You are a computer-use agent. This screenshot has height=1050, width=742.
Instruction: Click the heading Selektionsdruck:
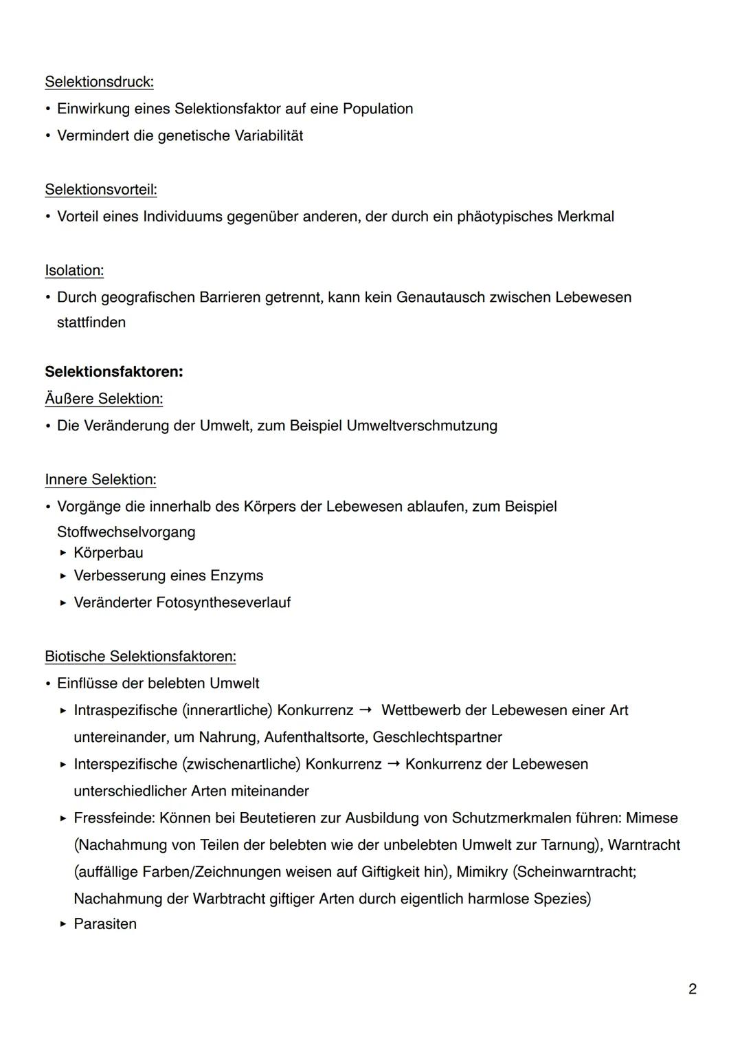99,82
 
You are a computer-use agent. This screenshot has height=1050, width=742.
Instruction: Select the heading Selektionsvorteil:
100,190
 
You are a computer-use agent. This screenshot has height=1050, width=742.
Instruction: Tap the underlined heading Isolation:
74,270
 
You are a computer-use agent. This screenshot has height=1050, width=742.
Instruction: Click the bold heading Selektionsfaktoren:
113,372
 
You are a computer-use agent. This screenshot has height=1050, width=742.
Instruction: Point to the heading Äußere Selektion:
104,399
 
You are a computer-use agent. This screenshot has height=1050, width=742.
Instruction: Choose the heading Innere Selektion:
100,479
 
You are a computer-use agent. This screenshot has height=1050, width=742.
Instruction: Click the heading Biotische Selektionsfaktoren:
140,656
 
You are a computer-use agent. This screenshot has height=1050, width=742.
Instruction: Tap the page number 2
692,989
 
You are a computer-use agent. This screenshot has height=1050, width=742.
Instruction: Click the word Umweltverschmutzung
422,426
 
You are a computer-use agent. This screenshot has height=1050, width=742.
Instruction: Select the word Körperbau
109,553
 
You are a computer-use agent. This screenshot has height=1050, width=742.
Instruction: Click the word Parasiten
105,924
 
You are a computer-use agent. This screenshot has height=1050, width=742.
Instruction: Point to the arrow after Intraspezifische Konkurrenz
366,710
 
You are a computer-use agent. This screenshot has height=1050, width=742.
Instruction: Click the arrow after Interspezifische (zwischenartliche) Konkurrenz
393,764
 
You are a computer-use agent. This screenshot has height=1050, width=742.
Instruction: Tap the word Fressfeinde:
114,818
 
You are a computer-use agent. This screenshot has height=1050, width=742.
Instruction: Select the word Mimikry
482,872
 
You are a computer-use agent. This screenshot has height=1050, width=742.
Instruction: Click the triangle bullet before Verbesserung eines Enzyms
63,576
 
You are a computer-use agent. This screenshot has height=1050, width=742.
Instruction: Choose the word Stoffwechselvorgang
126,532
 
